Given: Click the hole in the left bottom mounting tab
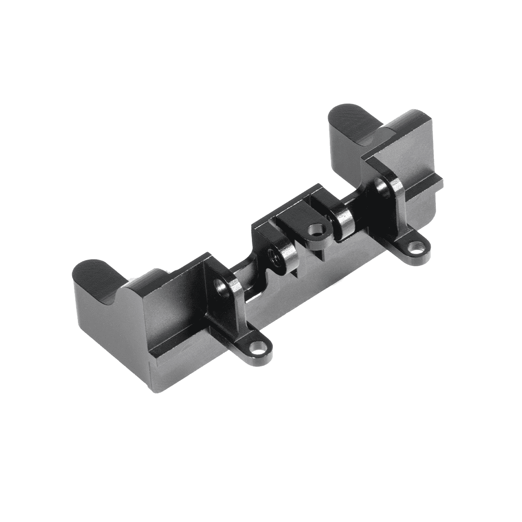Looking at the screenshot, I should (x=261, y=348).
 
